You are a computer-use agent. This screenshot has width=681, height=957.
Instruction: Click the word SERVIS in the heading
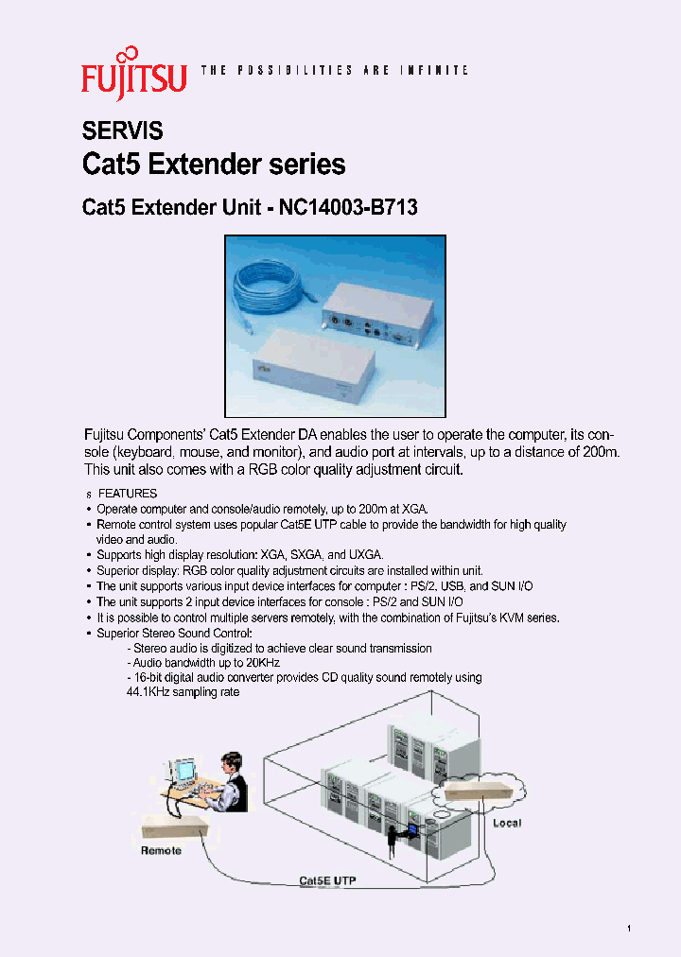(123, 130)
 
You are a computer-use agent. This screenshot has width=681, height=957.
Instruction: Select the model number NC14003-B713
(348, 208)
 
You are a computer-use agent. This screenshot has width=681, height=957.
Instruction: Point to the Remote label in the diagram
(161, 850)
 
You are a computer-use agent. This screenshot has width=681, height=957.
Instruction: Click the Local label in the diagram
(506, 823)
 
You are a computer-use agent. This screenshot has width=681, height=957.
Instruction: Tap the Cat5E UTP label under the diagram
(327, 880)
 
